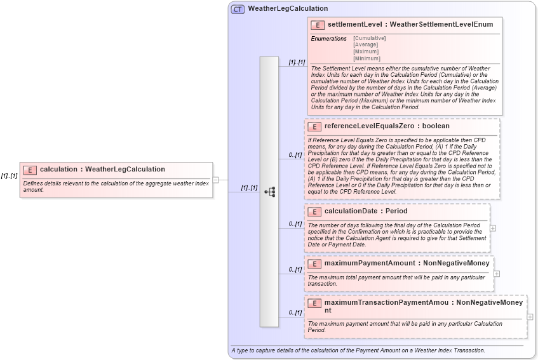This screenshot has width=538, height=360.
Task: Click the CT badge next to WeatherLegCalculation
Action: coord(238,9)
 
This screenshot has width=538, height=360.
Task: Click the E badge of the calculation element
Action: coord(30,170)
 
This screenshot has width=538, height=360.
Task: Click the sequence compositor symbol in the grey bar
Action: coord(269,191)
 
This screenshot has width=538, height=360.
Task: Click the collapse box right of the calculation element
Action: coord(215,180)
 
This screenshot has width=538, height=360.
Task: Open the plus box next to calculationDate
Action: coord(493,228)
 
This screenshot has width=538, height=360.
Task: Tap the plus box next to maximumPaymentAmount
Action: coord(497,274)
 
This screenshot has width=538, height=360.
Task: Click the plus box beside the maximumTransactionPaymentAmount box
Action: coord(530,317)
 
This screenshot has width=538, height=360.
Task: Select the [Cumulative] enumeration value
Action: coord(369,38)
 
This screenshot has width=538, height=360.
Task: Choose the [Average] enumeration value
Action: coord(366,44)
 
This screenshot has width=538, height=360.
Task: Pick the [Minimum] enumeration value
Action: coord(366,58)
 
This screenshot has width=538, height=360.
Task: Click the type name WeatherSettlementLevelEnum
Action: coord(441,25)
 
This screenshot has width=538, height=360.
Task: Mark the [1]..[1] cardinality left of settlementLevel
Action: coord(297,62)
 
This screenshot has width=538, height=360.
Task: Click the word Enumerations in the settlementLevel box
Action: coord(328,39)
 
